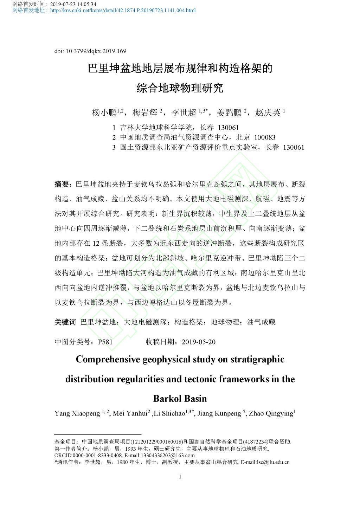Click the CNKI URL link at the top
click(123, 11)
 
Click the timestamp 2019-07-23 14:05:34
click(73, 5)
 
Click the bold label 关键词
click(65, 322)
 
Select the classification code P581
click(105, 342)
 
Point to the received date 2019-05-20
click(199, 342)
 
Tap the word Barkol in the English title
click(166, 399)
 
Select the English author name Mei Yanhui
click(130, 414)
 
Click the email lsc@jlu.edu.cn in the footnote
click(273, 462)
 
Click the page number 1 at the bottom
click(180, 477)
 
